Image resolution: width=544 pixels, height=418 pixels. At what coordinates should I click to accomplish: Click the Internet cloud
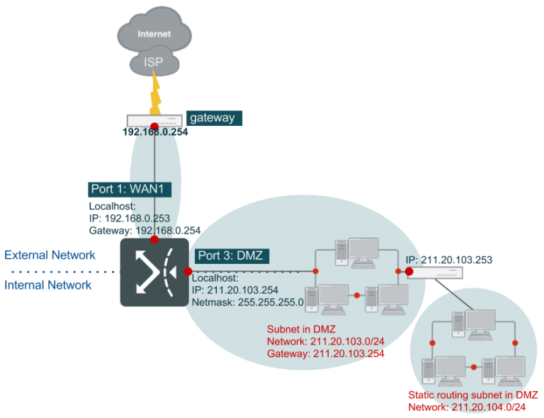click(154, 32)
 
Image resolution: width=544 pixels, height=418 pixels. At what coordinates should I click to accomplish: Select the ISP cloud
click(154, 62)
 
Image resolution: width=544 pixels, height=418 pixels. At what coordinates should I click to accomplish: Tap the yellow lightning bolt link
click(154, 95)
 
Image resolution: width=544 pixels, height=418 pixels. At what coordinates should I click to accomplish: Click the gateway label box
click(212, 118)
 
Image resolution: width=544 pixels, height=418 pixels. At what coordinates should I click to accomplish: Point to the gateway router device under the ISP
click(154, 120)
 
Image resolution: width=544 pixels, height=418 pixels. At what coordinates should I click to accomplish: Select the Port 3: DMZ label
click(230, 256)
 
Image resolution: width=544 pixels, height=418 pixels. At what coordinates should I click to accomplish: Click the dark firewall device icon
click(154, 272)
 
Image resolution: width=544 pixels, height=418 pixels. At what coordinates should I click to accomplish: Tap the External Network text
click(50, 255)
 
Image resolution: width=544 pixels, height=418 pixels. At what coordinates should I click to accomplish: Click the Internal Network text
click(48, 286)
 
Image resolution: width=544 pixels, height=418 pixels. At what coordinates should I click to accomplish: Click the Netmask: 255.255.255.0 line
click(248, 302)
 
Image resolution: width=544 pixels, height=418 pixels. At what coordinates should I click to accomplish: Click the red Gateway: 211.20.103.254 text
click(325, 354)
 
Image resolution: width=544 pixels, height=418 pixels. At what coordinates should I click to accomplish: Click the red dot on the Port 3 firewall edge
click(188, 272)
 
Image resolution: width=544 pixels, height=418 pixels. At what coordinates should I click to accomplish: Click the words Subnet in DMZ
click(298, 330)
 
